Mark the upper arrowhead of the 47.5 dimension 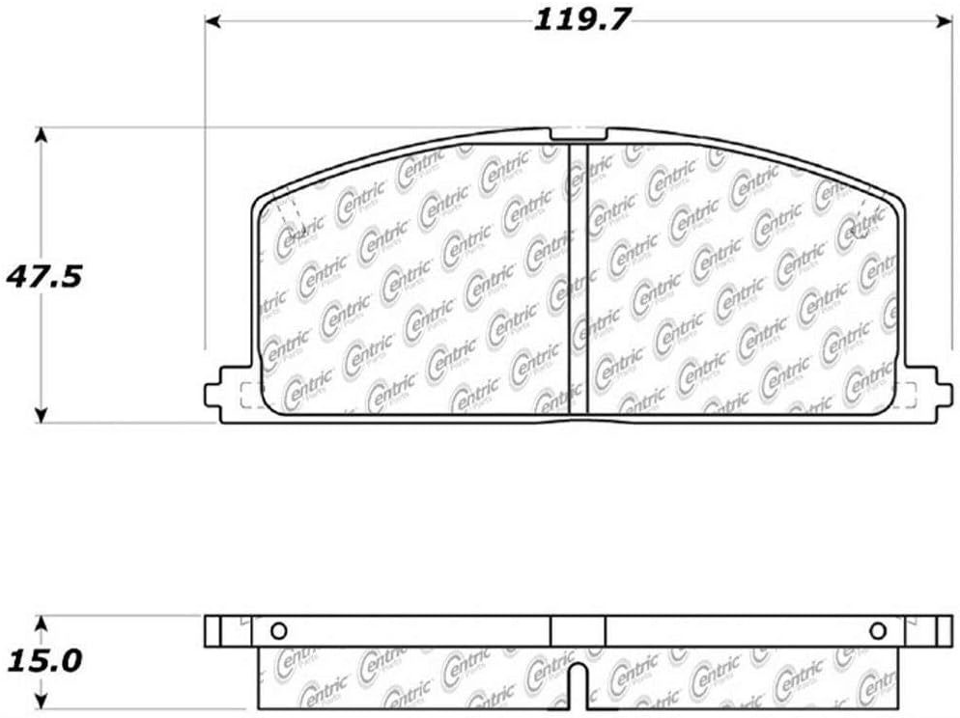pos(41,136)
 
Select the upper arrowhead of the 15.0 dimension pos(41,623)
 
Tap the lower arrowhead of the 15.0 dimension pos(41,703)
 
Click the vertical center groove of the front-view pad pos(579,280)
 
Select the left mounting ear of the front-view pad pos(228,393)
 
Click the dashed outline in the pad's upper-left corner pos(289,214)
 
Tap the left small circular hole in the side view pos(278,631)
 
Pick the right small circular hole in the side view pos(877,631)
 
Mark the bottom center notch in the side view pos(577,687)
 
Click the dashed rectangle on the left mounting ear pos(246,394)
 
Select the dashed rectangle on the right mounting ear pos(909,394)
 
